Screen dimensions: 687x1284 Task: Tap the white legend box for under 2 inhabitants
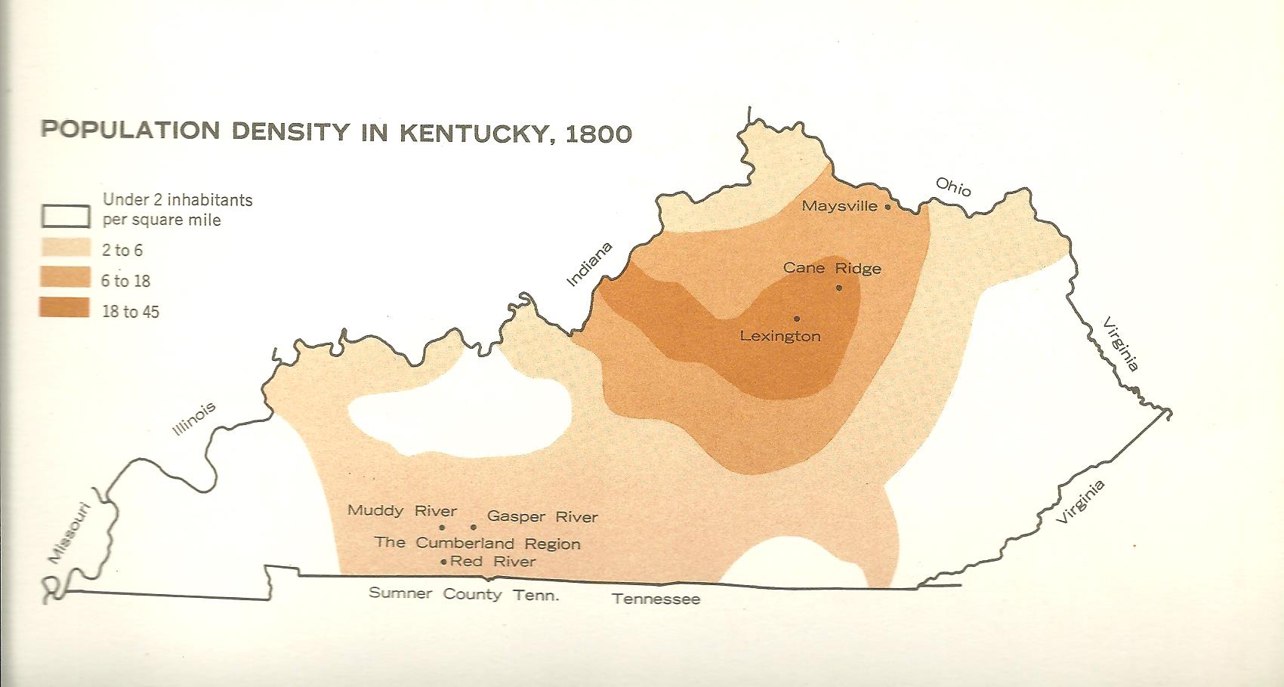(65, 217)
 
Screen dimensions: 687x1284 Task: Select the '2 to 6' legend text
(122, 250)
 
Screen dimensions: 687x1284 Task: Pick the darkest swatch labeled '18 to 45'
(65, 308)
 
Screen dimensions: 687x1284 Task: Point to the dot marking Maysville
(888, 206)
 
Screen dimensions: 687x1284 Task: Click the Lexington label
(779, 336)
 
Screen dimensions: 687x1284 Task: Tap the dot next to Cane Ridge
(839, 288)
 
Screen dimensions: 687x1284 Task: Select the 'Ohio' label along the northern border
(953, 186)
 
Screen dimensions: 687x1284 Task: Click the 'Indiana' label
(589, 264)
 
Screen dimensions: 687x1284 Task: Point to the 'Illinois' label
(194, 418)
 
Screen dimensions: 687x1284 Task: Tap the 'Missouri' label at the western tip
(69, 533)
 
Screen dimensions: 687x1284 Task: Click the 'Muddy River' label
(402, 510)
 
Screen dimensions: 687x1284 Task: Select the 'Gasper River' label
(542, 516)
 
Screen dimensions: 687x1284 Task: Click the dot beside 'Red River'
(443, 562)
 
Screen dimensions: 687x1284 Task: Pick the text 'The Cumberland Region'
(477, 543)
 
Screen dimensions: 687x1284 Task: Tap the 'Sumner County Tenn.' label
(464, 594)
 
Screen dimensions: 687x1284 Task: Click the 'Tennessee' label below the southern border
(656, 599)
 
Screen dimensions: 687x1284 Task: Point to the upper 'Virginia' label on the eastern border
(1121, 343)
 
